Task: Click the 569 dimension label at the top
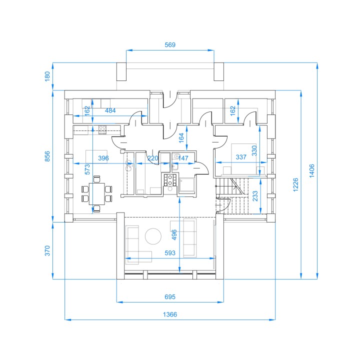click(x=170, y=45)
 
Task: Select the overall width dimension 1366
click(x=170, y=314)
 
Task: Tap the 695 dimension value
click(x=170, y=297)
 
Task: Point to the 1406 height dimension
click(x=311, y=170)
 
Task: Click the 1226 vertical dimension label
click(x=295, y=184)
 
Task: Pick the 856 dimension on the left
click(x=47, y=156)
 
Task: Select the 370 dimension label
click(x=47, y=250)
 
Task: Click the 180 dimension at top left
click(x=47, y=76)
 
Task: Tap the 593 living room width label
click(x=170, y=253)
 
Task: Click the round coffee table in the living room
click(x=153, y=236)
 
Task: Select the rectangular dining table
click(x=96, y=194)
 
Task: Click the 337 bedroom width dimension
click(x=241, y=157)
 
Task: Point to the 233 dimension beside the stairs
click(x=255, y=196)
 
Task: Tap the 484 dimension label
click(x=110, y=110)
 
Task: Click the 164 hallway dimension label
click(x=181, y=138)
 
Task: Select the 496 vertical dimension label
click(x=174, y=234)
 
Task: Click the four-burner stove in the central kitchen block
click(x=170, y=180)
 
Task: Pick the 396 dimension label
click(x=103, y=158)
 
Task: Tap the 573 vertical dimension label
click(x=87, y=169)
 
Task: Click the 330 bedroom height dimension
click(x=254, y=150)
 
